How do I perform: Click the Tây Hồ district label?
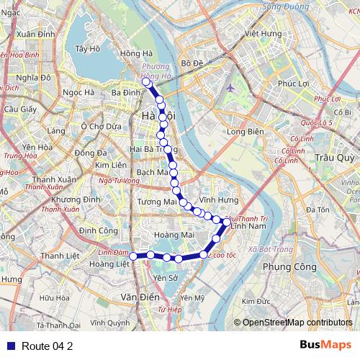point(86,49)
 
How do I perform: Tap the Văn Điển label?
point(139,297)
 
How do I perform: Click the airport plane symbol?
point(230,88)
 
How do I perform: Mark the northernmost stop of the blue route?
point(146,82)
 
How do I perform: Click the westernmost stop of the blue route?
point(132,255)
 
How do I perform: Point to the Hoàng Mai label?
point(179,235)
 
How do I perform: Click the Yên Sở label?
point(165,277)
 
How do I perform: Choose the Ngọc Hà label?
point(78,93)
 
